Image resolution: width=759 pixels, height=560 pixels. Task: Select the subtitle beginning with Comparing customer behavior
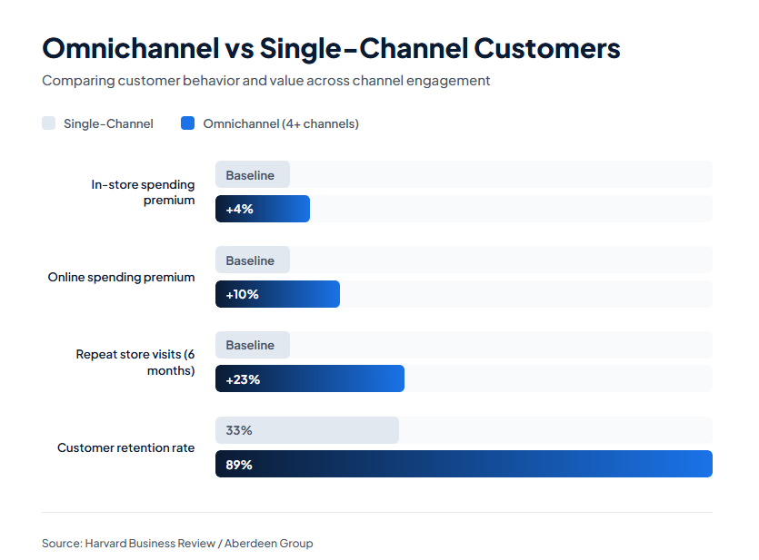pos(265,81)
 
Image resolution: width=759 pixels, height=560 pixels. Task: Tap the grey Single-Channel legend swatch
pos(49,123)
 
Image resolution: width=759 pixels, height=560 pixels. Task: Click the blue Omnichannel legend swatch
pos(188,123)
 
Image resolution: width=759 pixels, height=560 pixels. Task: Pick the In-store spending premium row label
pos(143,192)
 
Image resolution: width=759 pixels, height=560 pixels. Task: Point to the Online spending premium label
pos(121,277)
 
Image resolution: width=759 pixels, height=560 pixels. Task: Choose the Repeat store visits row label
pos(135,361)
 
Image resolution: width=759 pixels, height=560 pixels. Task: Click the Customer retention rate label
pos(125,447)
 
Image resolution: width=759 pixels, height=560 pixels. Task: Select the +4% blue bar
pos(263,209)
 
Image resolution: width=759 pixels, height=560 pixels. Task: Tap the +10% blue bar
pos(277,294)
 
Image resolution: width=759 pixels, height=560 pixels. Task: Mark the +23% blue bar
pos(310,379)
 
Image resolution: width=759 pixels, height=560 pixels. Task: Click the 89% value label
pos(239,465)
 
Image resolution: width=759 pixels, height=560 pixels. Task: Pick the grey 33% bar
pos(307,430)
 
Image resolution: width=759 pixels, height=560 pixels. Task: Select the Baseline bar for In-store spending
pos(252,175)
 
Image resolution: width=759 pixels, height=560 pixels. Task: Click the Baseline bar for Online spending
pos(252,260)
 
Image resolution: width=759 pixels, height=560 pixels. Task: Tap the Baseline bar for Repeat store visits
pos(252,345)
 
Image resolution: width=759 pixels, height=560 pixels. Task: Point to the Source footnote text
pos(177,543)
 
